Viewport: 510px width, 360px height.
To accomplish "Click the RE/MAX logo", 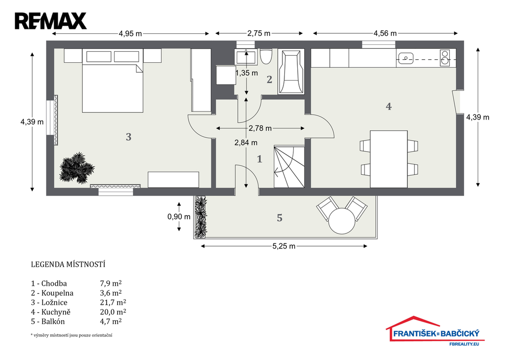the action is point(51,21).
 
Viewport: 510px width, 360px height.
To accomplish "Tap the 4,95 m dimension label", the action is point(130,33).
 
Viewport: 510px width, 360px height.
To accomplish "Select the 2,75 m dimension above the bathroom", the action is point(259,33).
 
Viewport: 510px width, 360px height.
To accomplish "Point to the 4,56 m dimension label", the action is point(385,33).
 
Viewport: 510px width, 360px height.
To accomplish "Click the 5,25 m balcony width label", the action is point(284,246).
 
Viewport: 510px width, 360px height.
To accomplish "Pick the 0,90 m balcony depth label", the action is point(179,217).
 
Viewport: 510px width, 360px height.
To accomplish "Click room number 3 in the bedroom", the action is point(128,137).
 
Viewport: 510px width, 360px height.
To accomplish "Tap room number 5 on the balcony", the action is point(280,218).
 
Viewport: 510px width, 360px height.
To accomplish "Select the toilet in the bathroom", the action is point(266,58).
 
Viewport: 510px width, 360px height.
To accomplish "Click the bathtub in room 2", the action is point(291,72).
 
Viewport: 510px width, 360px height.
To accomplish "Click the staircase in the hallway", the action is point(289,166).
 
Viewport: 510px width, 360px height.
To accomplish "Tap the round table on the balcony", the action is point(342,221).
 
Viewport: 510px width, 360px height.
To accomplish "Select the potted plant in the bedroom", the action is point(77,168).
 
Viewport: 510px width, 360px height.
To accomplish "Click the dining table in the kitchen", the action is point(389,159).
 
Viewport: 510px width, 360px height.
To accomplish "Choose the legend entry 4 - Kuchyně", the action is point(51,312).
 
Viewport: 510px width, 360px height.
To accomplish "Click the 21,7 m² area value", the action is point(113,302).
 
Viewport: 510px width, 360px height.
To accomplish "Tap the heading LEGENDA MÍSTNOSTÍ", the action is point(68,264).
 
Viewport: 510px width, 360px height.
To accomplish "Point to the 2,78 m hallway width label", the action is point(260,128).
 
